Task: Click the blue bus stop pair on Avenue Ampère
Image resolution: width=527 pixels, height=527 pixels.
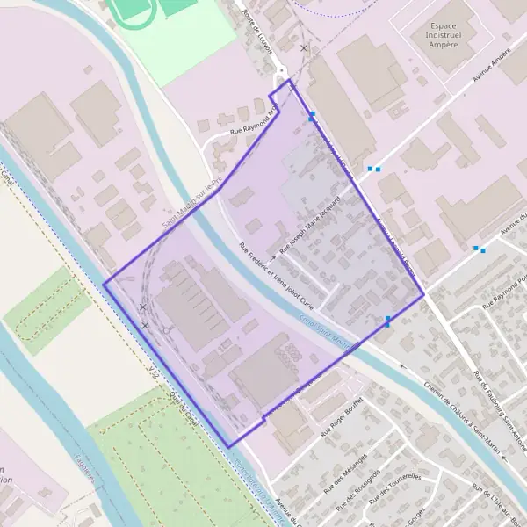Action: click(374, 169)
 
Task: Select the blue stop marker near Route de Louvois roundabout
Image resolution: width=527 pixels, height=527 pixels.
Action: click(312, 114)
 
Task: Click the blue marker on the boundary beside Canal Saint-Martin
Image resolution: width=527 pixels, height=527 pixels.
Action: click(388, 321)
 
